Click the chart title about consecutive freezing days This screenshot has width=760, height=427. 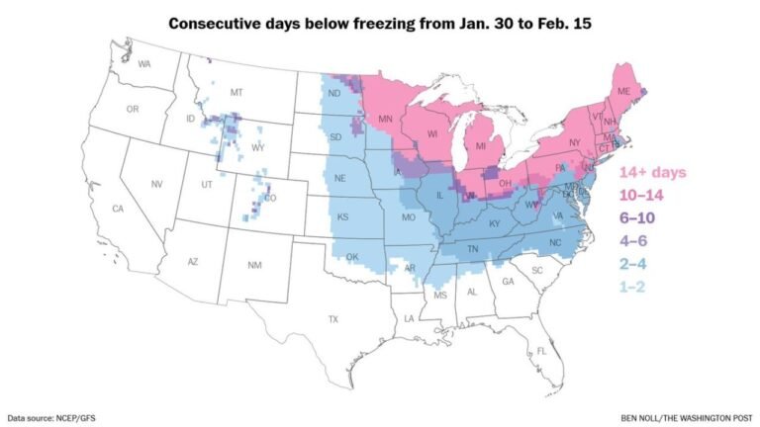pos(380,22)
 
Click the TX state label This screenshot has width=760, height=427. pos(332,319)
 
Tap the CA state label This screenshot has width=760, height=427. pos(117,209)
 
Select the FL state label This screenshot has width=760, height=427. pos(541,352)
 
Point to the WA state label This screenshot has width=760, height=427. pos(144,64)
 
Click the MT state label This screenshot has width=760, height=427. pos(237,92)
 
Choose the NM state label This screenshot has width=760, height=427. pos(254,266)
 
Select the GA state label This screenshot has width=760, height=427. pos(509,282)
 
